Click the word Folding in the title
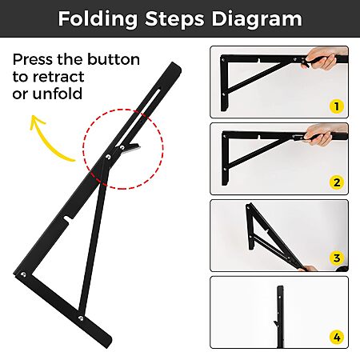coord(98,19)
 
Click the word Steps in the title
coord(174,19)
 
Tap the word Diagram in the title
coord(257,19)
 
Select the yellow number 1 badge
coord(337,106)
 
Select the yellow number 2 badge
coord(337,182)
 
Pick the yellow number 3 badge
coord(337,258)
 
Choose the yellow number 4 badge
coord(337,338)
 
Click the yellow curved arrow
coord(46,138)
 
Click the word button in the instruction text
coord(114,59)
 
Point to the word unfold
coord(58,94)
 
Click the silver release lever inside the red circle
coord(130,148)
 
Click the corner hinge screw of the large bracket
coord(23,274)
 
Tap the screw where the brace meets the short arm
coord(81,318)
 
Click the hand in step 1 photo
coord(324,58)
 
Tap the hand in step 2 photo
coord(323,134)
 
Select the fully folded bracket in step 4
coord(280,317)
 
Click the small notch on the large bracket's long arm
coord(68,218)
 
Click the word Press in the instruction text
coord(33,59)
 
